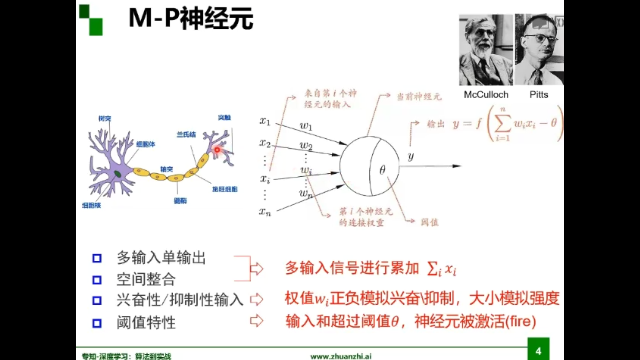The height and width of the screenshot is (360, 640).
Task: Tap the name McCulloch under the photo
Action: click(486, 95)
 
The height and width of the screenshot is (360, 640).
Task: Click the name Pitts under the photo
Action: click(539, 95)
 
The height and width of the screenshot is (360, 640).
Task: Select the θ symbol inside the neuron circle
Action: click(382, 170)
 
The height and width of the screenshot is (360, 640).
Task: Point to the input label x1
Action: click(265, 121)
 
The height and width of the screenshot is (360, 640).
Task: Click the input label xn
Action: click(265, 212)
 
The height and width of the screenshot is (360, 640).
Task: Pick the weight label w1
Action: click(306, 126)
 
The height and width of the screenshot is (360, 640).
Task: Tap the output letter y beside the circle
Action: click(411, 156)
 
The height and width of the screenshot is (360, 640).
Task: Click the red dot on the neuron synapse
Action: click(217, 150)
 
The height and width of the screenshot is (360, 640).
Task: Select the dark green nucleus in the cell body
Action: click(117, 173)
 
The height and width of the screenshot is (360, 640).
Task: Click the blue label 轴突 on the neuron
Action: click(166, 169)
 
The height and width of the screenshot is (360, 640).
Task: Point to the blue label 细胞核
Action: click(91, 205)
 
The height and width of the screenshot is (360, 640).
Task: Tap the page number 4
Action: click(538, 351)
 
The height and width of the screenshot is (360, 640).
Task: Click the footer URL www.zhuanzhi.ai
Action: click(341, 356)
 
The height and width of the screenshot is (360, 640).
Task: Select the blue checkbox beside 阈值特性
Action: click(97, 323)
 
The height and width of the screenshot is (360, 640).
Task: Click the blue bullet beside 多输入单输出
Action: click(97, 258)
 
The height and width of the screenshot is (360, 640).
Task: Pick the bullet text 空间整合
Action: click(146, 279)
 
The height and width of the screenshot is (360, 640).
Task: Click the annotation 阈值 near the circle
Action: click(429, 222)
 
